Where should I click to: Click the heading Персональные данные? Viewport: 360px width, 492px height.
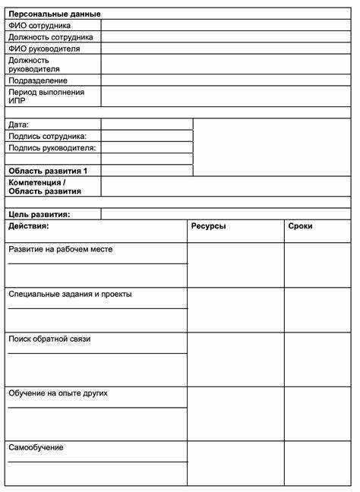tap(54, 14)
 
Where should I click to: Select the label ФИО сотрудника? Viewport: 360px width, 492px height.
tap(39, 25)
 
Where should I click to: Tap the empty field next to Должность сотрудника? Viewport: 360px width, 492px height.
tap(226, 36)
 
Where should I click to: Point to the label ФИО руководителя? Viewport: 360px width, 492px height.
tap(44, 49)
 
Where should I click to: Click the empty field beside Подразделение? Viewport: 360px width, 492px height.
tap(226, 80)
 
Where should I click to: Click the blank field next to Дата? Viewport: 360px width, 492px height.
tap(147, 124)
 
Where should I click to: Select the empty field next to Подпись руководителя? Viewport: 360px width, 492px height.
tap(147, 147)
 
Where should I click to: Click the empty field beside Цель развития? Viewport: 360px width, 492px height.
tap(226, 214)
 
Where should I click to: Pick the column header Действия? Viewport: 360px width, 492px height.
tap(29, 226)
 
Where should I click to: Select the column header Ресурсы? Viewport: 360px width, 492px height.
tap(208, 226)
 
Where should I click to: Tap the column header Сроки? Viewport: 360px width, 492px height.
tap(300, 226)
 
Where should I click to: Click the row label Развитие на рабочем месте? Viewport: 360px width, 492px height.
tap(61, 249)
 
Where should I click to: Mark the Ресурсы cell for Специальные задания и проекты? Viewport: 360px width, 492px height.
tap(235, 310)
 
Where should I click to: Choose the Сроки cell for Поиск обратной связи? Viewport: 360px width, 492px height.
tap(317, 359)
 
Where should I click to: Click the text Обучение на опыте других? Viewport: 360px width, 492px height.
tap(58, 393)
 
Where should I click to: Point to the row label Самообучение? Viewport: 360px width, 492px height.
tap(36, 447)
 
